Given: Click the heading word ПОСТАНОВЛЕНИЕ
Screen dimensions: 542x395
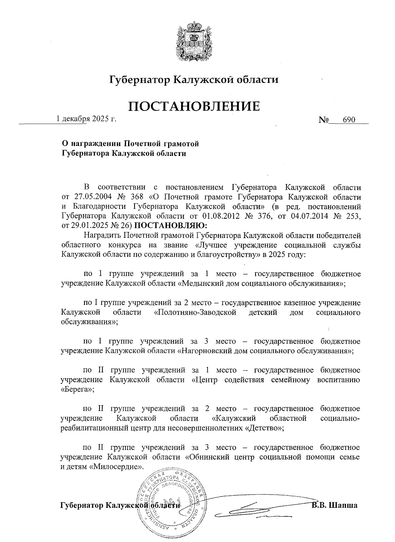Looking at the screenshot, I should tap(194, 106).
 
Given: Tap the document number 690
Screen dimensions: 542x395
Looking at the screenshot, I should tap(349, 120).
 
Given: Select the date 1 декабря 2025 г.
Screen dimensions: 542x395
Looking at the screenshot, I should tap(86, 119).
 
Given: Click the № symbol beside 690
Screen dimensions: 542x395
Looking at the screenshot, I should tap(324, 120).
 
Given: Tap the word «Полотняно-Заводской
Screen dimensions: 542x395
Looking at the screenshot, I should tap(195, 312).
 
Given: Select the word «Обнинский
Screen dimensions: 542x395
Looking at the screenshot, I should tap(209, 457).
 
